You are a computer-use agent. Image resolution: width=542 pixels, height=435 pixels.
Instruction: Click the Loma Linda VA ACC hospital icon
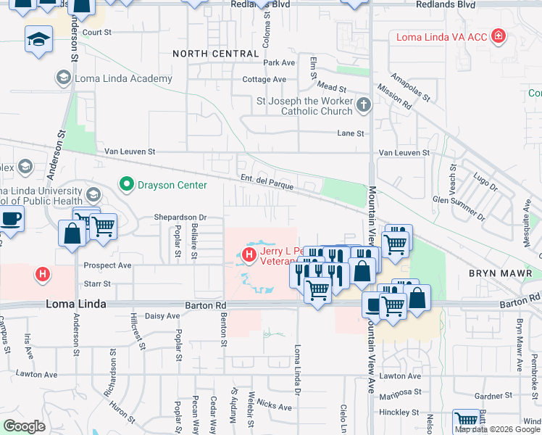coord(498,36)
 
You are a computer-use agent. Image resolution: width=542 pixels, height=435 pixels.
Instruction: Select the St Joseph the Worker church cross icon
coord(363,107)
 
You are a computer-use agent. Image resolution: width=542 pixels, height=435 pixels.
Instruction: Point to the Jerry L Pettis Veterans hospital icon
coord(249,254)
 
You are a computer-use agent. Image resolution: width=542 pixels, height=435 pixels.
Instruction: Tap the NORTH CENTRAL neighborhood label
coord(215,54)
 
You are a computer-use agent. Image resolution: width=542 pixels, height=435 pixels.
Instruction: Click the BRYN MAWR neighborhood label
coord(500,273)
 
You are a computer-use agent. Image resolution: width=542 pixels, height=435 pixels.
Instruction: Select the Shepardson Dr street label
coord(180,217)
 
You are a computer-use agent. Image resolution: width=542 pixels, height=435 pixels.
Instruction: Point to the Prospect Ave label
coord(107,265)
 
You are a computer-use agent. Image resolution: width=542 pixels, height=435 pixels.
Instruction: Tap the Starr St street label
coord(97,284)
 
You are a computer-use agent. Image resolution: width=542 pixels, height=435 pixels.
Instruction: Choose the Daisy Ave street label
coord(162,316)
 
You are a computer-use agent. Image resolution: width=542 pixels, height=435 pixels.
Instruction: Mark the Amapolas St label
coord(410,87)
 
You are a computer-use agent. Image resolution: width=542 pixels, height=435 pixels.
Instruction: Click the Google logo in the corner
coord(24,426)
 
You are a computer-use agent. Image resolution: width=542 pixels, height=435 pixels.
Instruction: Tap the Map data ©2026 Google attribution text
coord(497,429)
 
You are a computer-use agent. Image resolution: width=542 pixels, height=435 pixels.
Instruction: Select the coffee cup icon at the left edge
coord(10,218)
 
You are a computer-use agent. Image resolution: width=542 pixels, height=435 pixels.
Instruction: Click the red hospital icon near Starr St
coord(43,274)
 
